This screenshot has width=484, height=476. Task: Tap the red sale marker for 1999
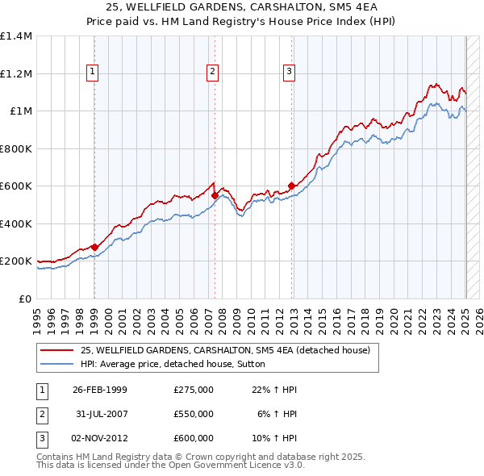point(94,247)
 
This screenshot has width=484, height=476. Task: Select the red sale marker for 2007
point(215,195)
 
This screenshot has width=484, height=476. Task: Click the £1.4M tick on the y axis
point(16,36)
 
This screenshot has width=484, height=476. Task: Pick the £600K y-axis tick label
point(16,186)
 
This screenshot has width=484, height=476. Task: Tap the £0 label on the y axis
point(25,299)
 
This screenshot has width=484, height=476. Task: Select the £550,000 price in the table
point(193,414)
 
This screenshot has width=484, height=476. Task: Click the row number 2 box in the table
point(41,414)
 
